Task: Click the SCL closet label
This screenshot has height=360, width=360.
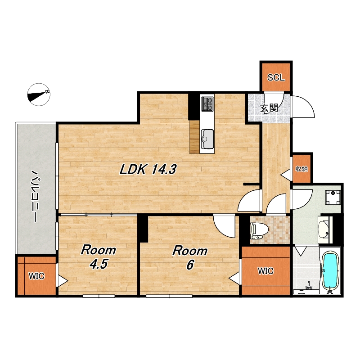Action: tap(276, 77)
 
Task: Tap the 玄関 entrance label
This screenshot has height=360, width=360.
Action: tap(269, 108)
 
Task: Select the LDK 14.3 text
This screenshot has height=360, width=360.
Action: tap(148, 170)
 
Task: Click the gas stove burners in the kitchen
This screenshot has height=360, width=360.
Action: tap(207, 103)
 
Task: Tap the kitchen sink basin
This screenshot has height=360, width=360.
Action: tap(207, 139)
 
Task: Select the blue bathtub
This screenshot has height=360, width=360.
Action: tap(330, 272)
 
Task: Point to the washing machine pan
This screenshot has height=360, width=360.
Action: tap(333, 197)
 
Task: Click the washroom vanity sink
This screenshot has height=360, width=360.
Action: tap(325, 229)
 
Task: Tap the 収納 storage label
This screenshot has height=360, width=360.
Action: tap(301, 169)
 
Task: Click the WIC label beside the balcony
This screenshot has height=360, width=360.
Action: tap(36, 276)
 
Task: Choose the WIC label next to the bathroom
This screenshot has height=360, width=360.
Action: tap(265, 271)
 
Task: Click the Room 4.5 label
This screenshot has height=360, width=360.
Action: tap(98, 257)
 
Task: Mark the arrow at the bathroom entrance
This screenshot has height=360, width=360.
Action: tap(301, 251)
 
